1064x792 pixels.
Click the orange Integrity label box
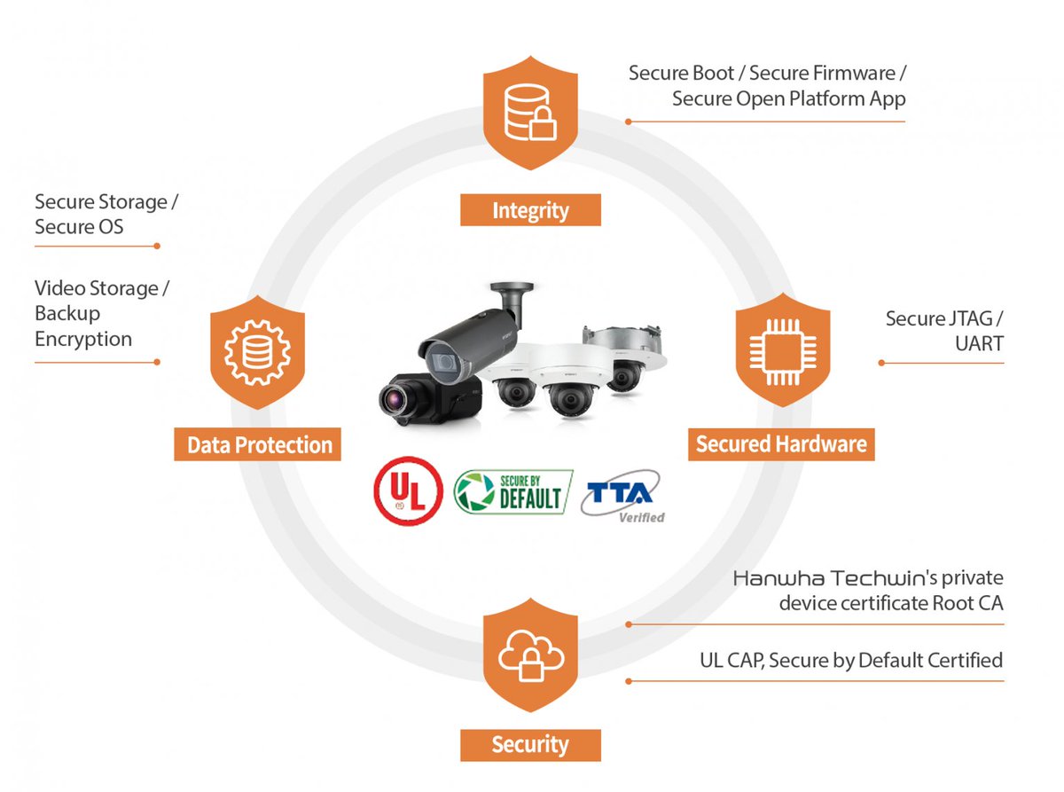pyautogui.click(x=530, y=210)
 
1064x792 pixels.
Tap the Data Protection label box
pyautogui.click(x=259, y=444)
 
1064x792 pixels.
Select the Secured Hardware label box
pyautogui.click(x=781, y=443)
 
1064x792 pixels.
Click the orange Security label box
pyautogui.click(x=530, y=743)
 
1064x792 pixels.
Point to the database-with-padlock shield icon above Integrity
pyautogui.click(x=530, y=113)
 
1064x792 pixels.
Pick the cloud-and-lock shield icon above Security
pyautogui.click(x=530, y=655)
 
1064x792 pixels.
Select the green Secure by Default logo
pyautogui.click(x=512, y=492)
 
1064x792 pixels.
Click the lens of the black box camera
pyautogui.click(x=393, y=400)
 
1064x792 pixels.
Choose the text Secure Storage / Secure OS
pyautogui.click(x=106, y=214)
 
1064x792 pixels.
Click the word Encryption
pyautogui.click(x=83, y=339)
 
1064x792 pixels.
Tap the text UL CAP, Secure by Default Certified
pyautogui.click(x=850, y=660)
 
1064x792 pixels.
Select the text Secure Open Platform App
pyautogui.click(x=788, y=98)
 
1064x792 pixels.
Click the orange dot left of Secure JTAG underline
pyautogui.click(x=880, y=362)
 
